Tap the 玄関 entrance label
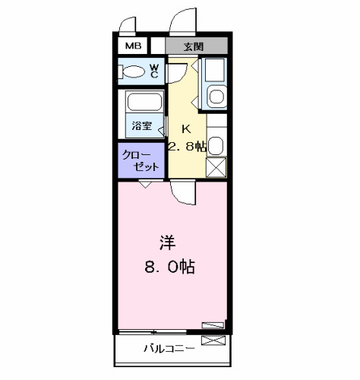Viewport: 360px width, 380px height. pyautogui.click(x=192, y=46)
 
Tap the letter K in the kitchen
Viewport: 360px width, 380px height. pyautogui.click(x=185, y=128)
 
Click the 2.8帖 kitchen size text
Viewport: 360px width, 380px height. pyautogui.click(x=187, y=147)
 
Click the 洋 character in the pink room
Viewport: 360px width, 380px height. pyautogui.click(x=168, y=243)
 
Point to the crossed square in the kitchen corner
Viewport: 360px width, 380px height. pyautogui.click(x=216, y=167)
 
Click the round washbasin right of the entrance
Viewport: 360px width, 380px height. pyautogui.click(x=215, y=97)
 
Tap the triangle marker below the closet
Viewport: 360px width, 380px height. pyautogui.click(x=144, y=185)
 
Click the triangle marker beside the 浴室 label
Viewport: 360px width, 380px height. pyautogui.click(x=161, y=131)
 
